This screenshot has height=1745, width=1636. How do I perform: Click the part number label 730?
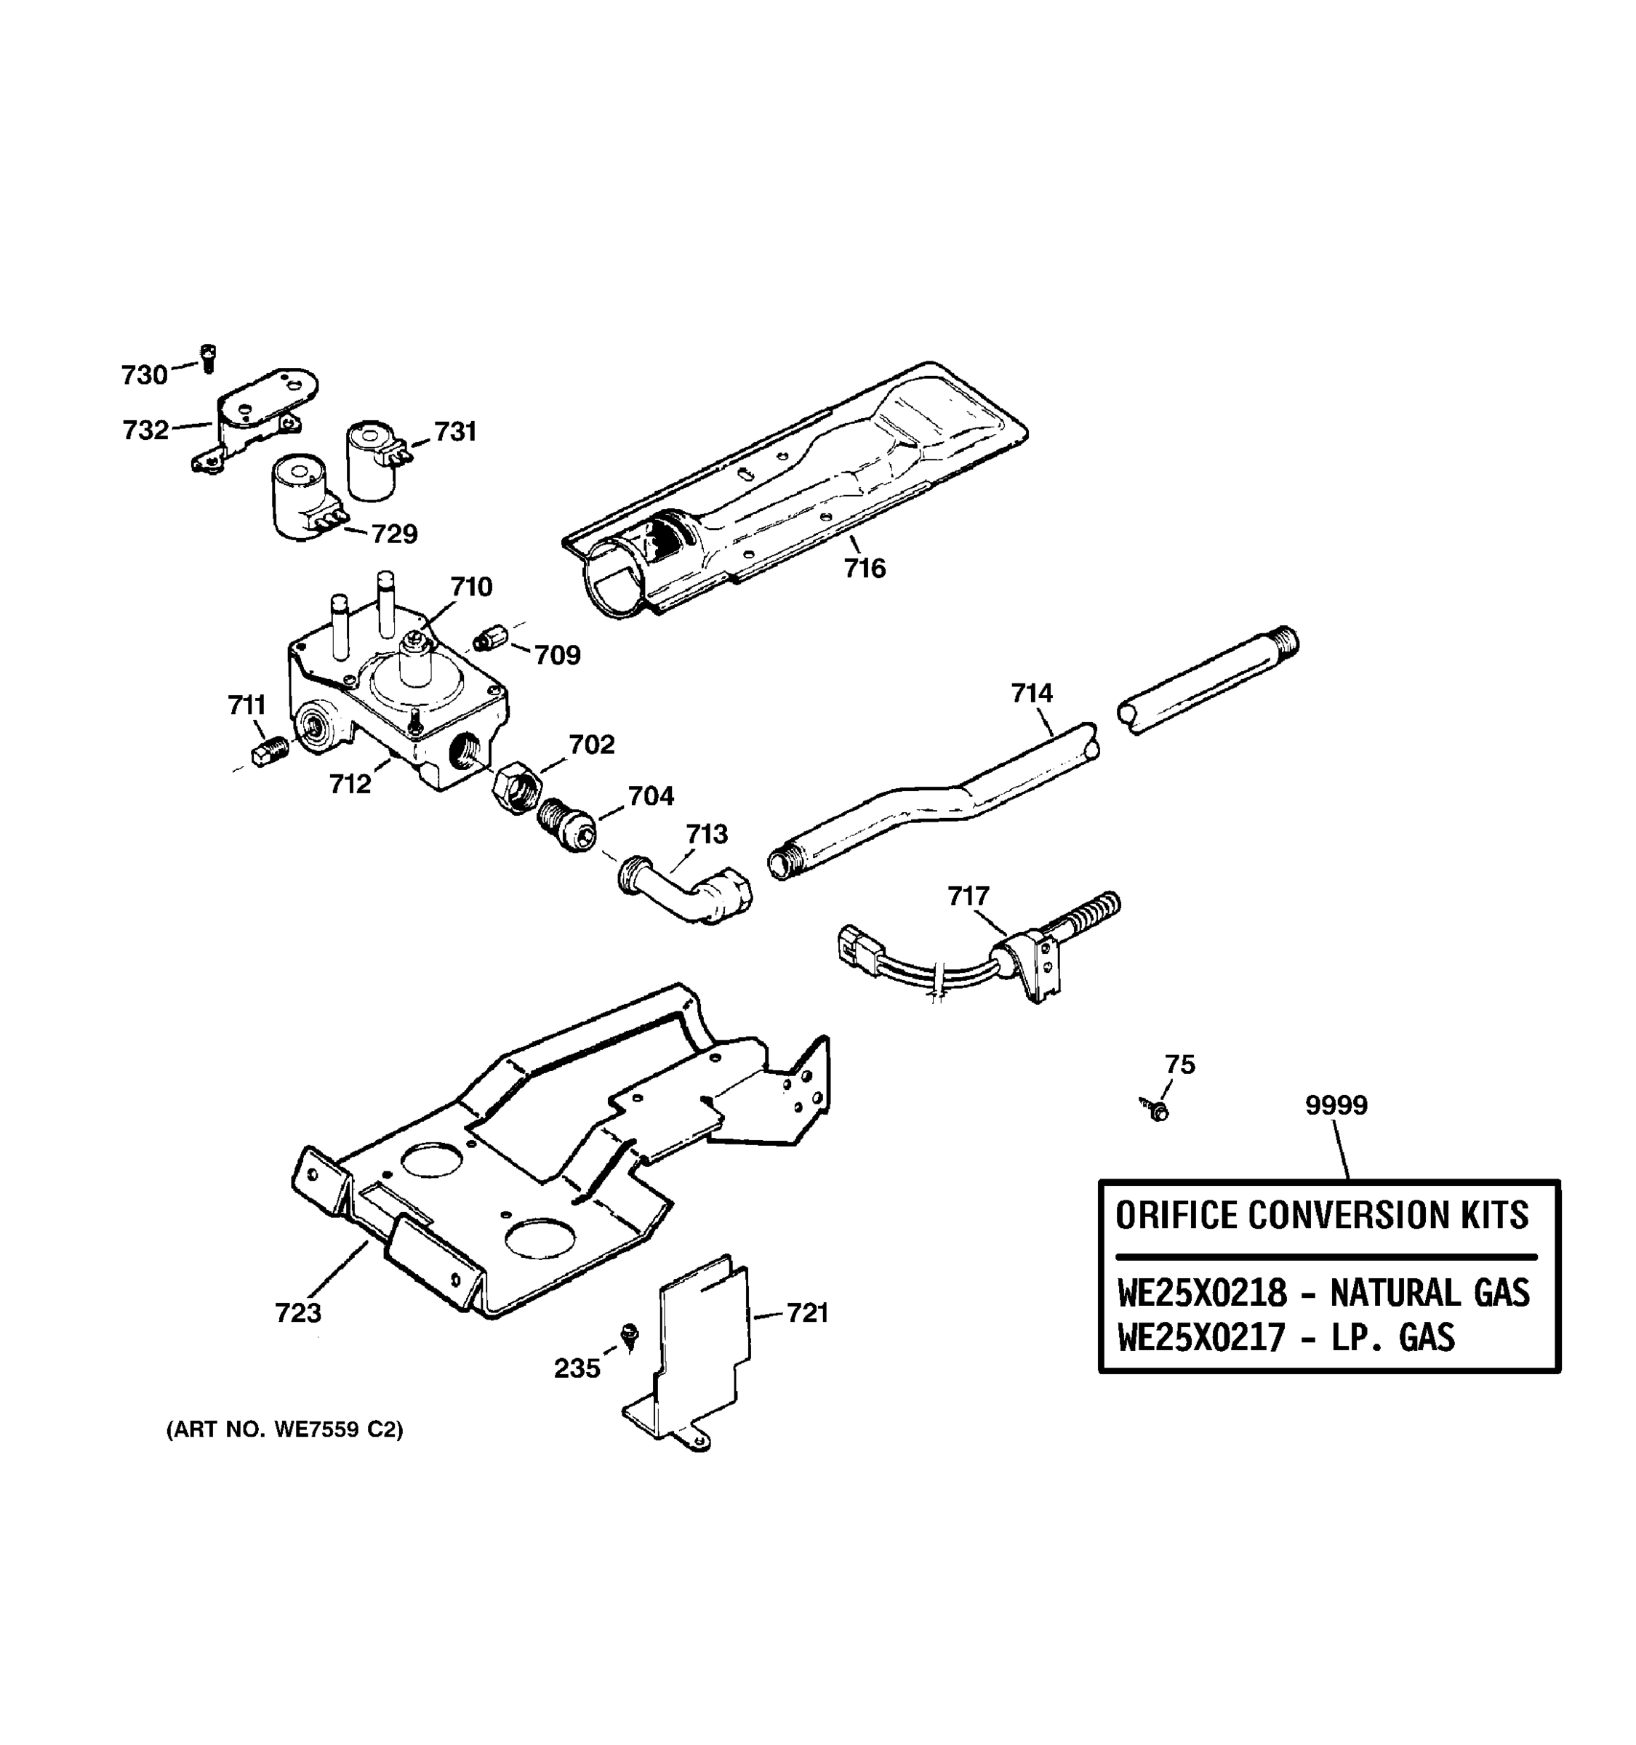click(x=144, y=376)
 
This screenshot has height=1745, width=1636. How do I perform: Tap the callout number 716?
click(x=865, y=569)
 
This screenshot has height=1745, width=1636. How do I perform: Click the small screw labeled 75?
click(x=1156, y=1110)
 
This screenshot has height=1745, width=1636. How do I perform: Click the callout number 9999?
click(x=1336, y=1105)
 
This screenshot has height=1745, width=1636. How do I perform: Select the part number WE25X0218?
click(x=1203, y=1293)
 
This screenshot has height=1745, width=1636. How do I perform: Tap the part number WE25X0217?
click(x=1201, y=1338)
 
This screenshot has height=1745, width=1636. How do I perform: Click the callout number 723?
click(x=298, y=1313)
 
